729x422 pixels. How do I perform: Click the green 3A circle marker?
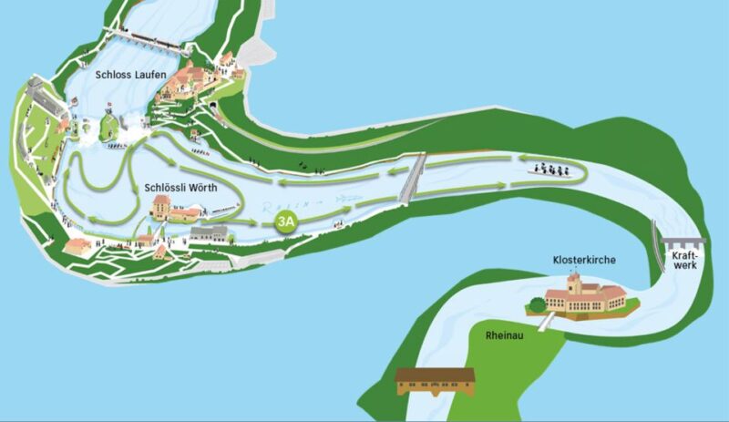287,221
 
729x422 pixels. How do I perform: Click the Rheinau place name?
504,335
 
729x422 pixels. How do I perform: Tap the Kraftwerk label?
685,262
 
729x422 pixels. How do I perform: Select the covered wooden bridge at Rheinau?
436,381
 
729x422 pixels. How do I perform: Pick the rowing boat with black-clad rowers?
550,169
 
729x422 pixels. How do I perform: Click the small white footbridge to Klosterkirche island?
545,322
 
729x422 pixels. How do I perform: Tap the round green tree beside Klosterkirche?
537,304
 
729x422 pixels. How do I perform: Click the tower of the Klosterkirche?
573,283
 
